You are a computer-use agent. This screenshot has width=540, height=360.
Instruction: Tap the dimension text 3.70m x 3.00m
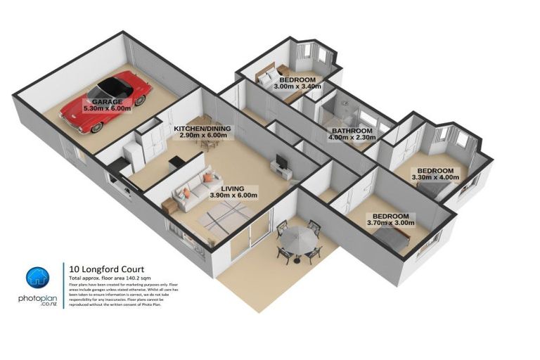[x=390, y=223]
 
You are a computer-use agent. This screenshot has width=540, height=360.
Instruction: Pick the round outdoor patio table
[x=298, y=240]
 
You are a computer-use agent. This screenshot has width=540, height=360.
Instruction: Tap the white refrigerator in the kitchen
[x=133, y=154]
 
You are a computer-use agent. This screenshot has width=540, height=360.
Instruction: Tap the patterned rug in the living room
[x=225, y=214]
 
